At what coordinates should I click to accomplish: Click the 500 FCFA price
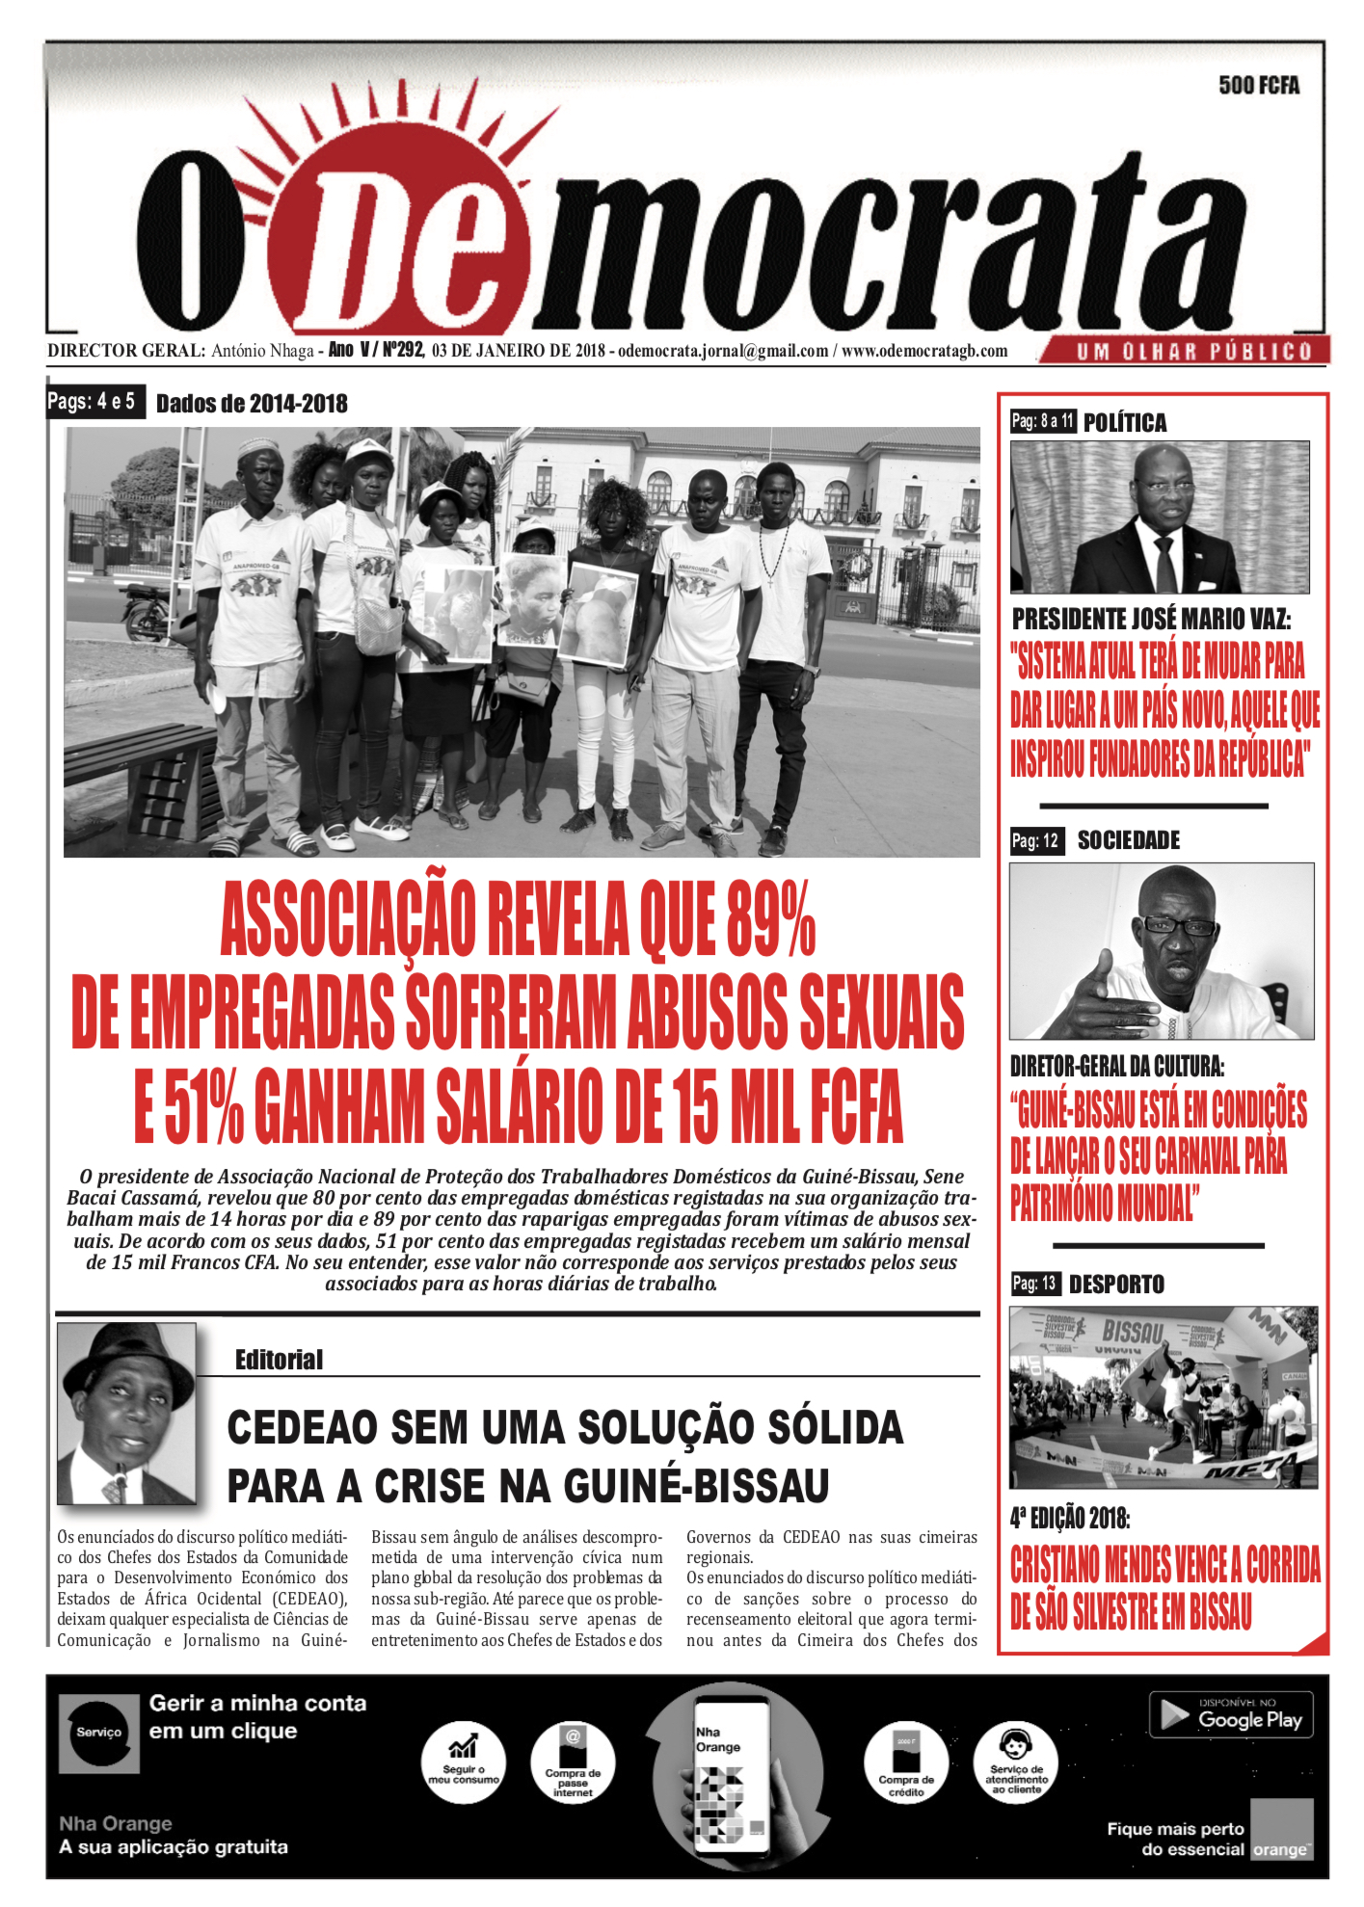click(1258, 86)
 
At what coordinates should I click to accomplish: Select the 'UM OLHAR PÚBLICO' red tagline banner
click(1193, 352)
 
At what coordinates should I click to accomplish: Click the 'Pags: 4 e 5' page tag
click(93, 401)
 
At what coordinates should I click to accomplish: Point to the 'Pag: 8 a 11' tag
click(1043, 421)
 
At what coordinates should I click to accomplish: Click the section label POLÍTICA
click(1124, 422)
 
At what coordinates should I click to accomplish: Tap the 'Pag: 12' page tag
click(1035, 841)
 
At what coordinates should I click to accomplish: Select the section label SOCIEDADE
click(1128, 840)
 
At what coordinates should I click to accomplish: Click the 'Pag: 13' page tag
click(1034, 1284)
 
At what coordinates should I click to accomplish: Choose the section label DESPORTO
click(1116, 1285)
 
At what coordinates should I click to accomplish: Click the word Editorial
click(279, 1360)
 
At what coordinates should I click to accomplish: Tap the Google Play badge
click(1231, 1715)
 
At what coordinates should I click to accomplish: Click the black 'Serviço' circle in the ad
click(98, 1733)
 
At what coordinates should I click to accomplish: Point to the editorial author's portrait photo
click(126, 1413)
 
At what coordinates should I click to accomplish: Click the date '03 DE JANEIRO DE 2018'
click(518, 351)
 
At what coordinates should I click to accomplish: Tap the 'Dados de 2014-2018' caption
click(252, 404)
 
